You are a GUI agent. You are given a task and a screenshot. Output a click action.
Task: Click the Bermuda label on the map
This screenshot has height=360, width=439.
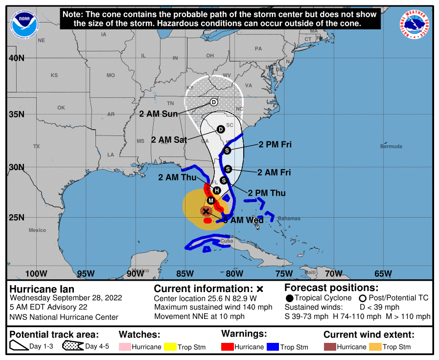pyautogui.click(x=391, y=146)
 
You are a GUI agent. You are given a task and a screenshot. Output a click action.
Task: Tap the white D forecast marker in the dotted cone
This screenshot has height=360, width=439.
pyautogui.click(x=214, y=102)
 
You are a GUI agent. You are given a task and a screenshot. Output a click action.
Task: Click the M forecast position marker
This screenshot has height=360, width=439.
pyautogui.click(x=211, y=201)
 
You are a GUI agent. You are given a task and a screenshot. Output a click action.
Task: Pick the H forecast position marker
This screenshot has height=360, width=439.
pyautogui.click(x=217, y=190)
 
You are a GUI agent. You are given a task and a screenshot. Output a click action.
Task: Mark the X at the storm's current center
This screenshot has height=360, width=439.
pyautogui.click(x=206, y=211)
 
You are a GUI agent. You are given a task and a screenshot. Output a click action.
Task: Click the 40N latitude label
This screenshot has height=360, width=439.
pyautogui.click(x=16, y=58)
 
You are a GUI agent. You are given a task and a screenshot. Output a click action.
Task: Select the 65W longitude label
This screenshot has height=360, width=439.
pyautogui.click(x=383, y=273)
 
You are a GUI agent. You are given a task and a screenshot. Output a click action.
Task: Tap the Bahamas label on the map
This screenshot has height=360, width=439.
pyautogui.click(x=288, y=218)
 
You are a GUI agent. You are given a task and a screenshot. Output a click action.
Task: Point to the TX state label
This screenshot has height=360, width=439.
pyautogui.click(x=36, y=146)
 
